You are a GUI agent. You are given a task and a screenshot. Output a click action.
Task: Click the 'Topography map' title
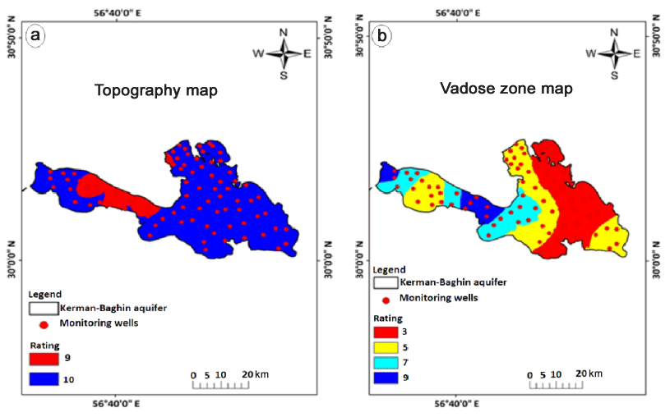pyautogui.click(x=155, y=90)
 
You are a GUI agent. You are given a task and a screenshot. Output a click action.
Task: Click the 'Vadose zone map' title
pyautogui.click(x=506, y=89)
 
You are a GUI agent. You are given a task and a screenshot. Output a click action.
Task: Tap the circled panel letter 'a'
pyautogui.click(x=35, y=35)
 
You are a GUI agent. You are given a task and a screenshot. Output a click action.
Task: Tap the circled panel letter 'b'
pyautogui.click(x=381, y=35)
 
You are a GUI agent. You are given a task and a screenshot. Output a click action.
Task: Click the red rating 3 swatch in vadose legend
pyautogui.click(x=386, y=331)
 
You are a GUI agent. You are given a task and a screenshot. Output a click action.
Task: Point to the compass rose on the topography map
pyautogui.click(x=284, y=54)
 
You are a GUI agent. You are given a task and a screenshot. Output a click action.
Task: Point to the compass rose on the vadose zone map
pyautogui.click(x=613, y=54)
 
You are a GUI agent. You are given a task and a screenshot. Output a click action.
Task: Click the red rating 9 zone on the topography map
pyautogui.click(x=107, y=190)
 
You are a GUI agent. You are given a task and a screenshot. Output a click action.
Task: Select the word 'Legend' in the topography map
pyautogui.click(x=44, y=294)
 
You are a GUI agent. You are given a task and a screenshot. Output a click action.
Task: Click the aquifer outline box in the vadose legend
pyautogui.click(x=386, y=282)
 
